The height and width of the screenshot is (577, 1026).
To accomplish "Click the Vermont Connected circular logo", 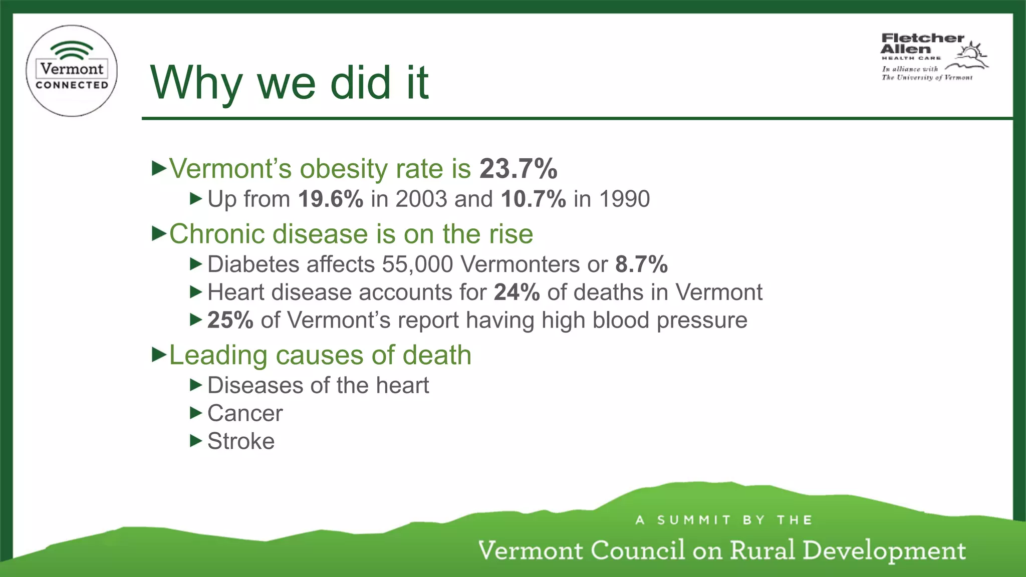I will click(72, 71).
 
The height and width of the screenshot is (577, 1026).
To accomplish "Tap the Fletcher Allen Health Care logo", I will click(933, 56).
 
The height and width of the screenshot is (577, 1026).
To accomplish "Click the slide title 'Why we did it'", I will click(289, 83).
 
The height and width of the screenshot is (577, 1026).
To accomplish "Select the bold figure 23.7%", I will click(518, 168).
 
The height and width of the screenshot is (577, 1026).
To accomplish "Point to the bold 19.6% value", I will click(331, 199).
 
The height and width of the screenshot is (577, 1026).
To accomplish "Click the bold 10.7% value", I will click(533, 199).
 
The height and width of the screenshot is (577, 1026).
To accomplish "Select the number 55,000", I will click(417, 264).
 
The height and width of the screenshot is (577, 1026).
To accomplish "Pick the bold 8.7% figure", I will click(641, 264).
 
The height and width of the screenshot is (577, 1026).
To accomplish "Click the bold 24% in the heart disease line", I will click(517, 292).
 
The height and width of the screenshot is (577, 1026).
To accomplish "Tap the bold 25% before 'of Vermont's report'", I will click(230, 320).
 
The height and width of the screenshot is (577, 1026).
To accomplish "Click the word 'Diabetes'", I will click(248, 264).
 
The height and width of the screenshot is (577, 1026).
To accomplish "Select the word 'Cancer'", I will click(245, 413).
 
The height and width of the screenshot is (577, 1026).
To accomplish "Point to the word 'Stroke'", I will click(241, 441).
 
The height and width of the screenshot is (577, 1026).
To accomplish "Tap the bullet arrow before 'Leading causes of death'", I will click(159, 355).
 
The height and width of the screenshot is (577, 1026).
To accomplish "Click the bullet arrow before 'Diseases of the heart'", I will click(196, 385).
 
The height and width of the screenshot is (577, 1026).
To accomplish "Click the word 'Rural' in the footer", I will click(762, 550).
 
